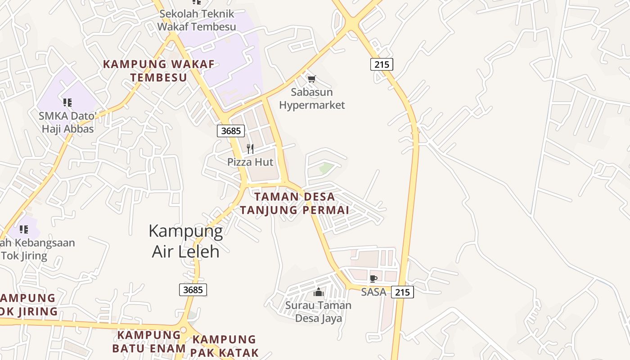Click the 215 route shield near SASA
[x=402, y=292]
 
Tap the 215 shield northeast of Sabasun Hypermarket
[x=382, y=64]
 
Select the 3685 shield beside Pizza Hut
[x=231, y=131]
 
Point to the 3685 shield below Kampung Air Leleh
[x=193, y=290]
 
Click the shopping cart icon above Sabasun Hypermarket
[x=311, y=79]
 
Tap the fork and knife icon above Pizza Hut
[x=250, y=149]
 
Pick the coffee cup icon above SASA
[x=373, y=279]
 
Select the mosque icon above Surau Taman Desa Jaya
[x=319, y=292]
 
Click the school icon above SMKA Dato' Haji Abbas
[x=67, y=103]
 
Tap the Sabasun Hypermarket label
[x=312, y=99]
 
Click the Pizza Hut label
[x=250, y=162]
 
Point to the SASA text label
[x=373, y=292]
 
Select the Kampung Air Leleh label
[x=186, y=241]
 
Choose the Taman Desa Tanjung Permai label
[x=294, y=203]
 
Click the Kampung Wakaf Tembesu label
[x=159, y=71]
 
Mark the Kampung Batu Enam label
[x=148, y=342]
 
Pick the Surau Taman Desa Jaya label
[x=319, y=312]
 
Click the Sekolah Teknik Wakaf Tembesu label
[x=197, y=20]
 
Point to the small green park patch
[x=326, y=168]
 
